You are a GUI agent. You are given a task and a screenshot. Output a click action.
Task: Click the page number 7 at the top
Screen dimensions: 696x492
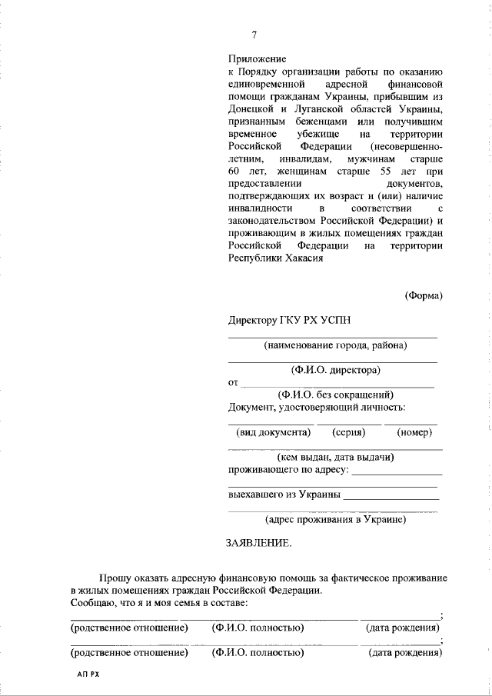pyautogui.click(x=254, y=35)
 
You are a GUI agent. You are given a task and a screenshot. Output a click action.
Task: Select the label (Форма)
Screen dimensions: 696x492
pyautogui.click(x=423, y=295)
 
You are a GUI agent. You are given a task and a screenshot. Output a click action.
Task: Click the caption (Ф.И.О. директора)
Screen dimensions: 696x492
pyautogui.click(x=336, y=370)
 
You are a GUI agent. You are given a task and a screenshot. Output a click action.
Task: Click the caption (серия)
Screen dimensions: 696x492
pyautogui.click(x=348, y=432)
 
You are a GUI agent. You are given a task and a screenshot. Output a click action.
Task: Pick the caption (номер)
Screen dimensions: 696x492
pyautogui.click(x=414, y=432)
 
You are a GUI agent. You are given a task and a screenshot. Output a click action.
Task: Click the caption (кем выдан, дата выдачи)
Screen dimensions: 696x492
pyautogui.click(x=337, y=457)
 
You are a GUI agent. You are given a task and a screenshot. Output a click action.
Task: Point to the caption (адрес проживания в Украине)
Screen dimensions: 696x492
pyautogui.click(x=335, y=520)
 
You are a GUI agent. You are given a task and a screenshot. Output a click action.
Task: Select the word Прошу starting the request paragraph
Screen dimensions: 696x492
pyautogui.click(x=114, y=578)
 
